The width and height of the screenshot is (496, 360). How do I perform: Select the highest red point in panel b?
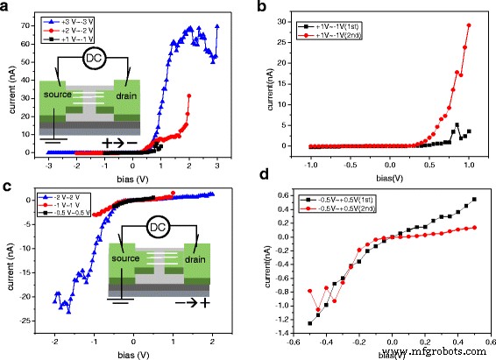click(470, 25)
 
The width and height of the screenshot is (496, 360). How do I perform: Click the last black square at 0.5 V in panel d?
click(474, 199)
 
